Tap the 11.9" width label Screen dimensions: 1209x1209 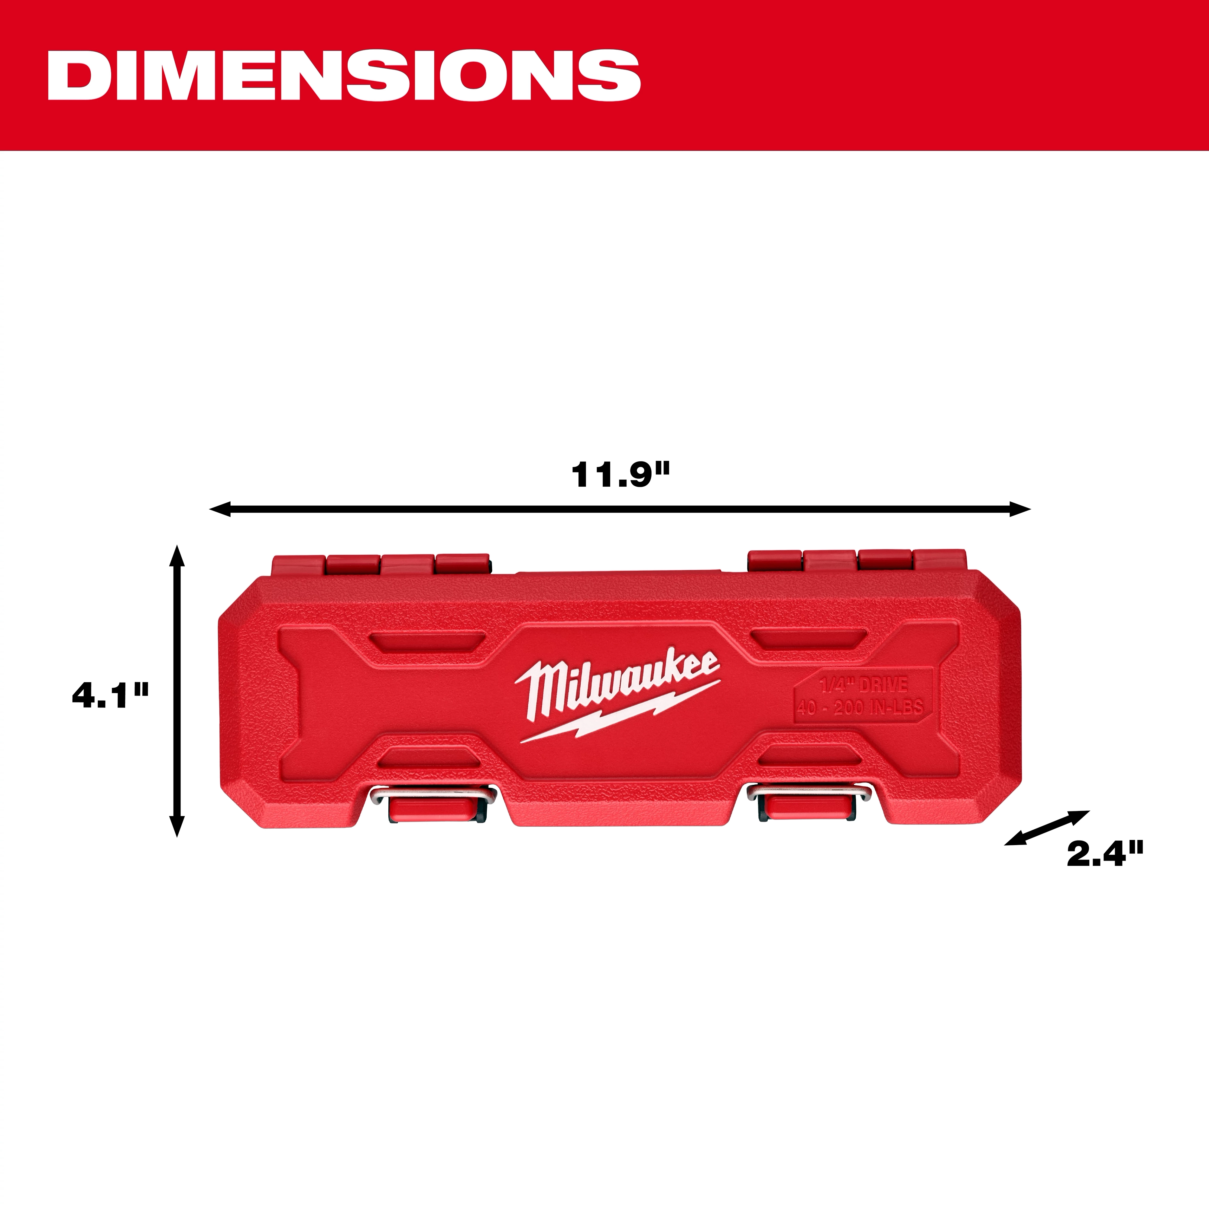[x=620, y=475]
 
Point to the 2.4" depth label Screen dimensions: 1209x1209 [x=1104, y=854]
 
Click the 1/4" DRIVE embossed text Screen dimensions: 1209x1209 [x=864, y=685]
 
